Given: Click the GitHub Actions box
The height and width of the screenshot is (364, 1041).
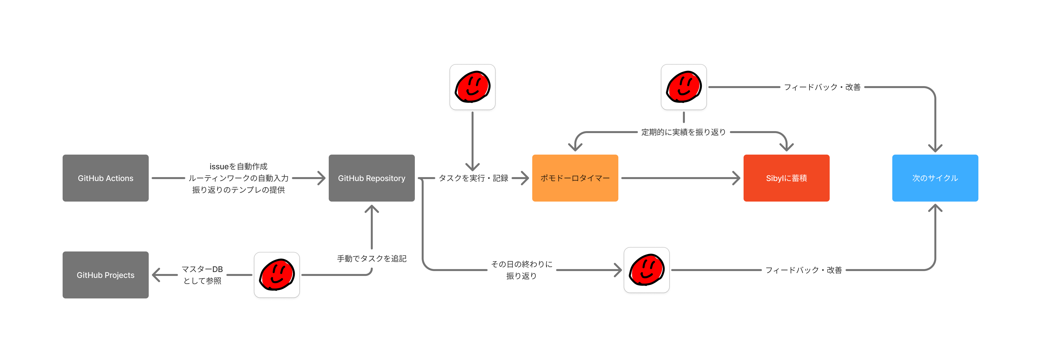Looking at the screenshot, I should coord(105,178).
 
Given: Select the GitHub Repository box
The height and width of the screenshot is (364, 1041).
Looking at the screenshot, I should coord(371,178).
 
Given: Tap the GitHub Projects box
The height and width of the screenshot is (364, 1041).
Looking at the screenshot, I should coord(105,275).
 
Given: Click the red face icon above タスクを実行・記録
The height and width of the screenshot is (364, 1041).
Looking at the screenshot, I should coord(472,87).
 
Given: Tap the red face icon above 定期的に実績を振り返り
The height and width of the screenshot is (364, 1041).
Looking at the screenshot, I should coord(683,87).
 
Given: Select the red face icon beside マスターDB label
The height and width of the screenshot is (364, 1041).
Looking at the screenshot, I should coord(277,275).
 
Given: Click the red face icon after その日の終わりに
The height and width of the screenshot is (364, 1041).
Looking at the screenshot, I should coord(646,270).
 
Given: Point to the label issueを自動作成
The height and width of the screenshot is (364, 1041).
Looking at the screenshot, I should coord(238,166).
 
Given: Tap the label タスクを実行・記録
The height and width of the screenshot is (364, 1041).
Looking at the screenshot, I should coord(473,178).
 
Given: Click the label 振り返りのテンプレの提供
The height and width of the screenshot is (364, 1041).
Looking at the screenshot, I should coord(238,190).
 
